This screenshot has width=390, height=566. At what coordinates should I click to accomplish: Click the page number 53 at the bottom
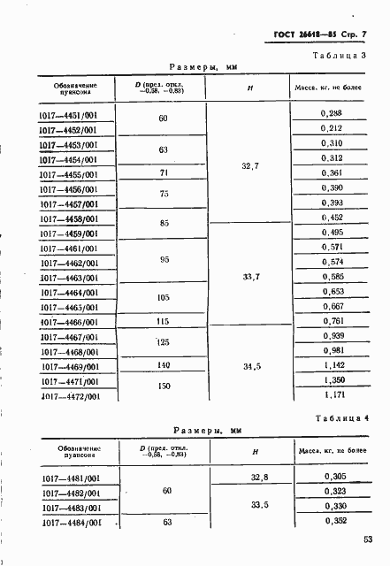click(x=367, y=539)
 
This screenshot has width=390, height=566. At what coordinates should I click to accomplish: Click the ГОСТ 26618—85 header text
click(x=297, y=35)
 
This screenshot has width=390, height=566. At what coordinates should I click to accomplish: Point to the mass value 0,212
click(x=333, y=128)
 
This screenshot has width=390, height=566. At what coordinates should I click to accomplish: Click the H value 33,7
click(x=249, y=277)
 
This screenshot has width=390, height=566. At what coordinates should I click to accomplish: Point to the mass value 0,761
click(x=333, y=321)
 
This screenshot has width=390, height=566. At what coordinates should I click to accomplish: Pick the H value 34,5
click(x=249, y=364)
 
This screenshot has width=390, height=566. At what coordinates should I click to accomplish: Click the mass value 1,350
click(x=333, y=380)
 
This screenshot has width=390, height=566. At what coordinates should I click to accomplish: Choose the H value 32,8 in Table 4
click(x=260, y=477)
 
